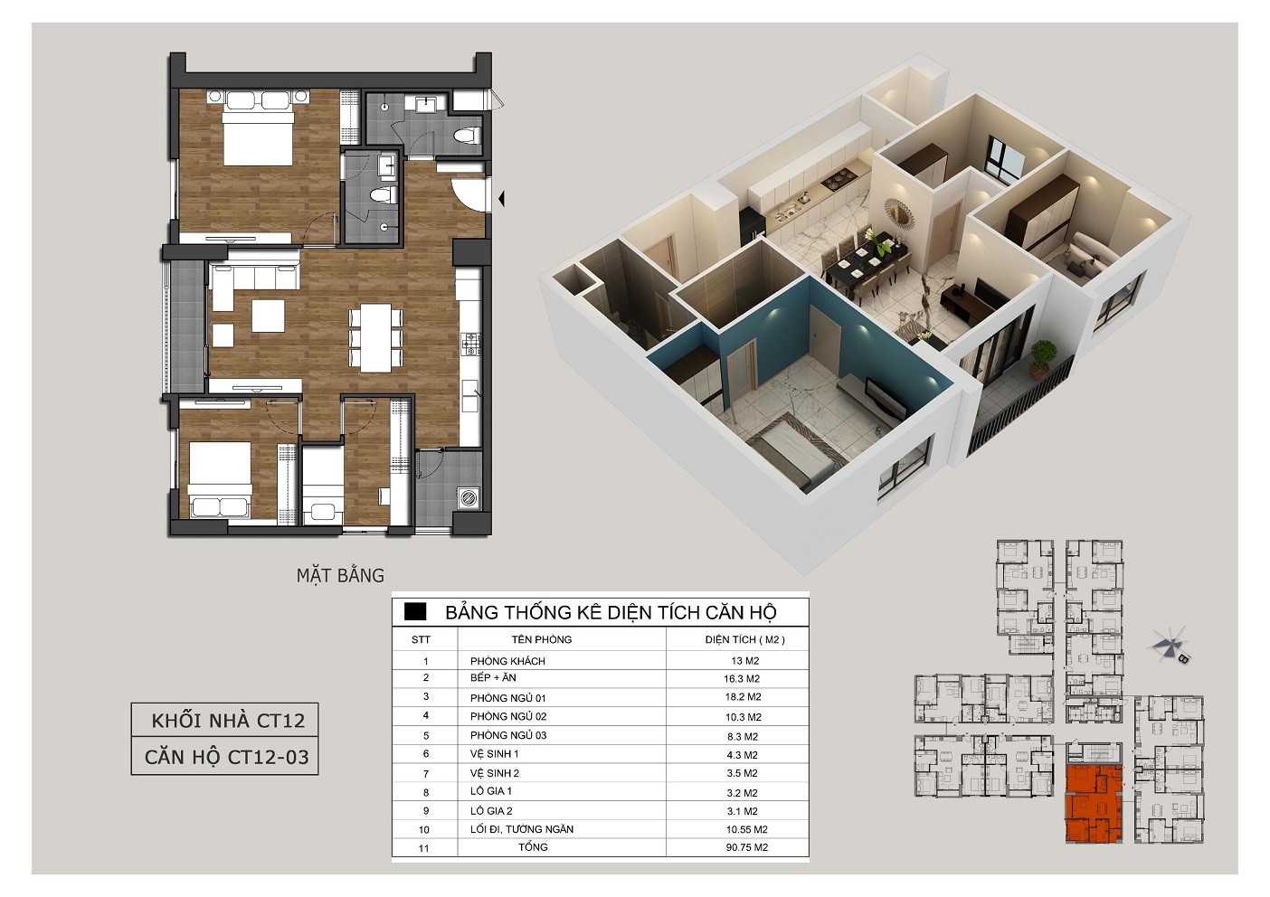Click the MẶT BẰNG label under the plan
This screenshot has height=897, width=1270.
(x=340, y=576)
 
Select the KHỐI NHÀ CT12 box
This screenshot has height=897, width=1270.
(x=225, y=720)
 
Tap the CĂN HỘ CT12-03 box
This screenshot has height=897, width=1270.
(x=225, y=757)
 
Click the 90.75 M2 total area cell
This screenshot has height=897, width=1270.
(x=746, y=847)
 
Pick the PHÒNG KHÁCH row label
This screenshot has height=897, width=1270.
(x=507, y=661)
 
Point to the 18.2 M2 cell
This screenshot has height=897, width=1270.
(x=743, y=697)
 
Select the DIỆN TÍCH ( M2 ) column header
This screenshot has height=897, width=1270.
(x=744, y=639)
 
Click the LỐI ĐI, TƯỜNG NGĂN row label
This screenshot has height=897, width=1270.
(x=522, y=829)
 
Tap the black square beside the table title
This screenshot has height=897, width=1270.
(x=414, y=612)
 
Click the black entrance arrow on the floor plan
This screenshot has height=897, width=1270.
(x=501, y=199)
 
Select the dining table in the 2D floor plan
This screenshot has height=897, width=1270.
(x=376, y=338)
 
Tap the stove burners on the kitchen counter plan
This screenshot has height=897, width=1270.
(x=471, y=344)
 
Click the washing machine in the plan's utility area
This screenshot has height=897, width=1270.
(x=469, y=497)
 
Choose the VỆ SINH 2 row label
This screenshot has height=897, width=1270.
(x=495, y=773)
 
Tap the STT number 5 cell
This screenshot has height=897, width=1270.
(x=426, y=736)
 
